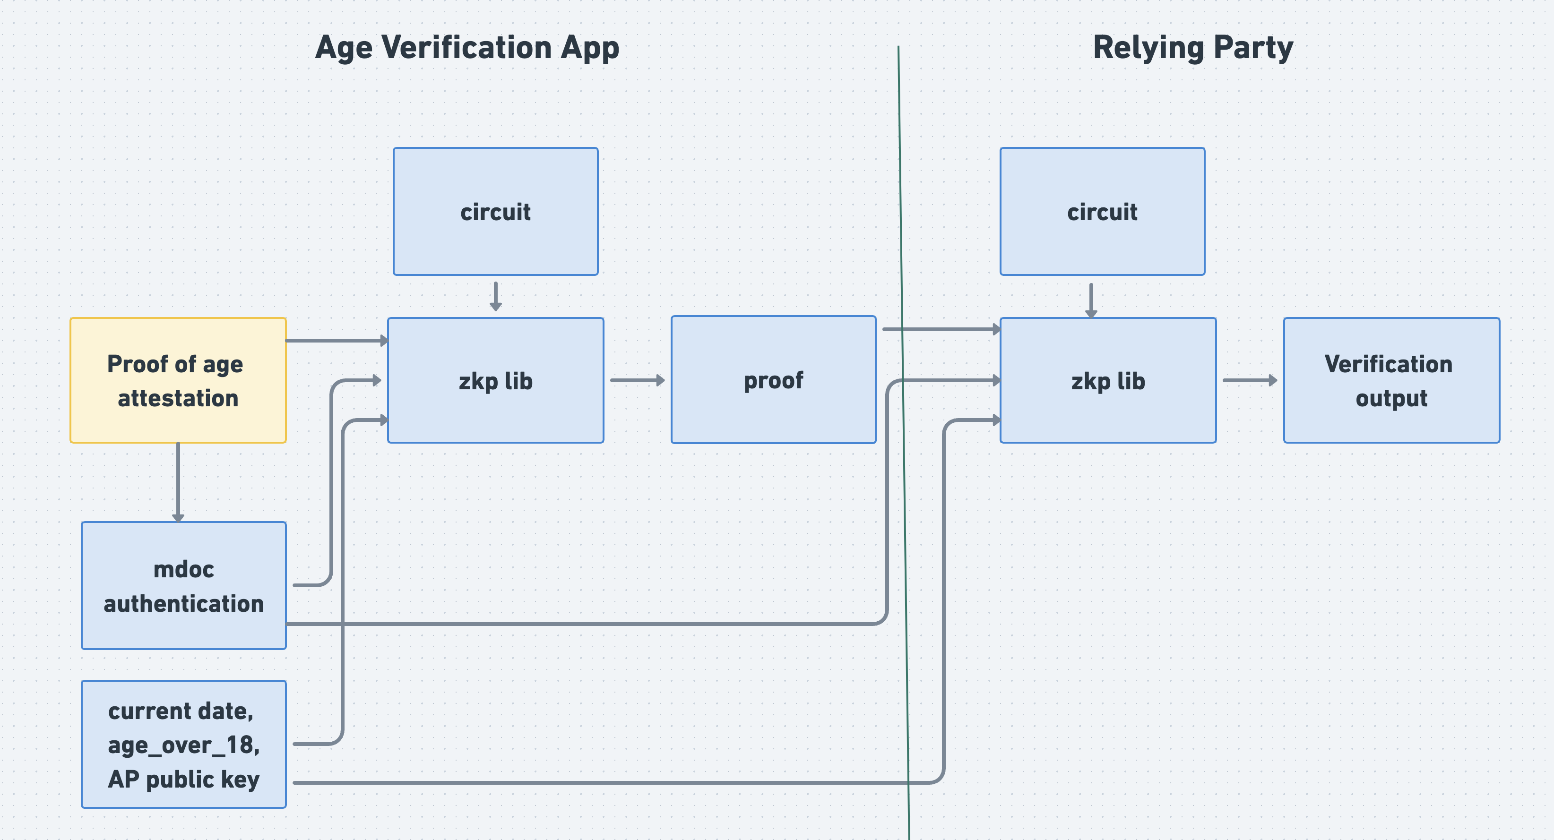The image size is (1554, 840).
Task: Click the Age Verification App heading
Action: tap(467, 48)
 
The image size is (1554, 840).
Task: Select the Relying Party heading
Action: tap(1192, 48)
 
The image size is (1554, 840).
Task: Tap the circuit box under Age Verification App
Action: tap(495, 212)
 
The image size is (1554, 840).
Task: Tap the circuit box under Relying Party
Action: tap(1102, 212)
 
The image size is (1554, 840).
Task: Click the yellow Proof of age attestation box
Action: tap(178, 380)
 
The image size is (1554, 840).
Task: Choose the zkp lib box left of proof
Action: tap(495, 380)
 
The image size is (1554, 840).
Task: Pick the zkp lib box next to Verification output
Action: tap(1107, 380)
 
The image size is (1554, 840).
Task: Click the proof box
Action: tap(773, 380)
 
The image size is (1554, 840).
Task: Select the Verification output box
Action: tap(1391, 380)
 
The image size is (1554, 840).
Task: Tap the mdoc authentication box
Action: tap(183, 585)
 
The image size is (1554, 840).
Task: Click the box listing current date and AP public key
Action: tap(183, 744)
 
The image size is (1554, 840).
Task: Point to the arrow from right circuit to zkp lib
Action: tap(1091, 300)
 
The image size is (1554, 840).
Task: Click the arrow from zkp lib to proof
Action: tap(637, 380)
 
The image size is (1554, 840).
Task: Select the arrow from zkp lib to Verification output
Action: tap(1249, 380)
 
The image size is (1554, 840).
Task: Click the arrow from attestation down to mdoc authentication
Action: tap(178, 482)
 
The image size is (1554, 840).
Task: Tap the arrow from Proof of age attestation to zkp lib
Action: tap(336, 341)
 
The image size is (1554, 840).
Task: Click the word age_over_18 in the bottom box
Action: tap(183, 746)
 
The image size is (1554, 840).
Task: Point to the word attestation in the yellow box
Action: tap(178, 399)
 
